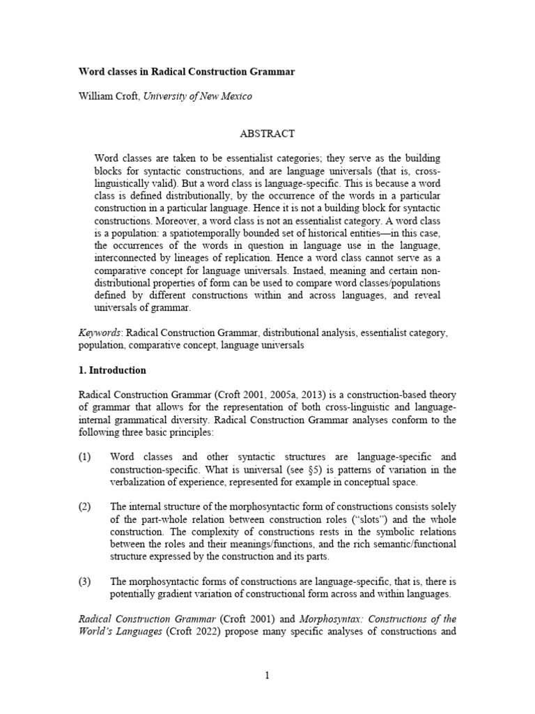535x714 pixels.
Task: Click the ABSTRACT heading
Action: [x=267, y=133]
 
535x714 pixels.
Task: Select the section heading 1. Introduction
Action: [x=111, y=370]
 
